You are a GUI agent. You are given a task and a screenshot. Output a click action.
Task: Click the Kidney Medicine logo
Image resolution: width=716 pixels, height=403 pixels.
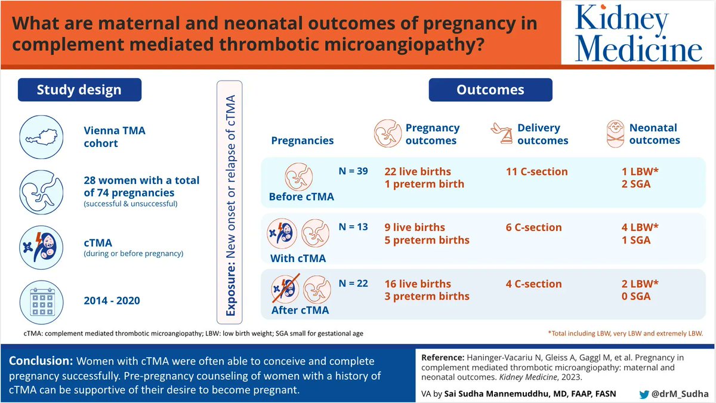tap(638, 33)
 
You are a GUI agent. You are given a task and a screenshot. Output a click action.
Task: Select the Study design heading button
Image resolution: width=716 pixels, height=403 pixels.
tap(79, 90)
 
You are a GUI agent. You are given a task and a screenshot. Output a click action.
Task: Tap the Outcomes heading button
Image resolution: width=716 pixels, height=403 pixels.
tap(490, 90)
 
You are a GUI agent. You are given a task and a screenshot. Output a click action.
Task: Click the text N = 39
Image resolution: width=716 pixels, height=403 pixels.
tap(353, 171)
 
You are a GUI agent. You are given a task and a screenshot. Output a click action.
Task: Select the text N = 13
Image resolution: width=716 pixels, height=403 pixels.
tap(353, 227)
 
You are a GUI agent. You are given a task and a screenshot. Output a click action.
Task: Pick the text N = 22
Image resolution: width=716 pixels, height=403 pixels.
tap(353, 283)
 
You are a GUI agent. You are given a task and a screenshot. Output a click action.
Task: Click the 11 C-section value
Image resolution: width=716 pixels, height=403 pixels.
tap(536, 171)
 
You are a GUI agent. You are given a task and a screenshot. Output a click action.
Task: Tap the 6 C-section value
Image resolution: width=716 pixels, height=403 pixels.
tap(533, 227)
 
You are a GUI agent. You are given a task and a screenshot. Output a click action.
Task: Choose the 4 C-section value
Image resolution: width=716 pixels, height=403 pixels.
tap(533, 284)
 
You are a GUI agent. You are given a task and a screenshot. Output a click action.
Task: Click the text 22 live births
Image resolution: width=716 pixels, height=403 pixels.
tap(418, 171)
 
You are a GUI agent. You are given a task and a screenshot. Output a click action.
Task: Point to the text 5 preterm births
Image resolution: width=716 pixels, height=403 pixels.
tap(427, 240)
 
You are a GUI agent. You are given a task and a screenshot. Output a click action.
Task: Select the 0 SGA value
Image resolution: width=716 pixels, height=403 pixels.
tap(635, 296)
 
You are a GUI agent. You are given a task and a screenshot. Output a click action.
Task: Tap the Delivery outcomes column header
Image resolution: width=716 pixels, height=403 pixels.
tap(543, 134)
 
